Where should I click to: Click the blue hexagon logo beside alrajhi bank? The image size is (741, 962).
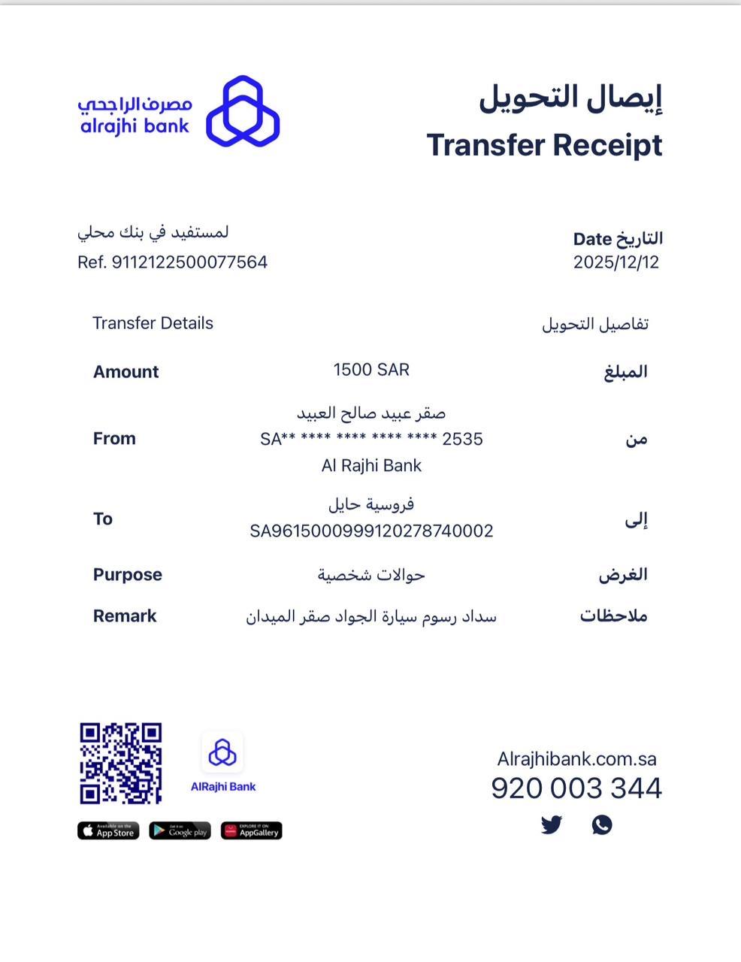point(243,110)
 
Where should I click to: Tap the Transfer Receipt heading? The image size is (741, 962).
point(544,145)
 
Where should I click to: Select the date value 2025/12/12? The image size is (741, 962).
point(615,262)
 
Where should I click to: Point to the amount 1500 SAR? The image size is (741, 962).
point(371,370)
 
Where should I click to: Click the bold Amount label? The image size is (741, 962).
point(126,372)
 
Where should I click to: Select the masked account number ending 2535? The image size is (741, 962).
point(371,439)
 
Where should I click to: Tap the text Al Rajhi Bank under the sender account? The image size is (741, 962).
point(371,466)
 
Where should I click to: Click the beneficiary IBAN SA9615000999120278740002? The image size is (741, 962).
point(371,531)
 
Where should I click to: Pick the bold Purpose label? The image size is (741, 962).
point(127,575)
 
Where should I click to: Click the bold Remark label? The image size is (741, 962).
point(125,616)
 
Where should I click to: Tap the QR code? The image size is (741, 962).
point(121,764)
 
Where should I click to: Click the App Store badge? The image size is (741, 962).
point(108,830)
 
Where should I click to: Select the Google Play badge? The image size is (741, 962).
point(180,830)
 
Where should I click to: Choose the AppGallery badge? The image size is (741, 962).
point(251,830)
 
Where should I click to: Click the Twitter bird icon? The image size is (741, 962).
point(552,824)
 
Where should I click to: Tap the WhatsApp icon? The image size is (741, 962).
point(602,824)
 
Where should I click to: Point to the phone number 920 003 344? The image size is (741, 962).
point(576,788)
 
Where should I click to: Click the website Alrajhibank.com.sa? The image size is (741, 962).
point(576,759)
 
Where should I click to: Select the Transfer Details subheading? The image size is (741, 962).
point(153,323)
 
